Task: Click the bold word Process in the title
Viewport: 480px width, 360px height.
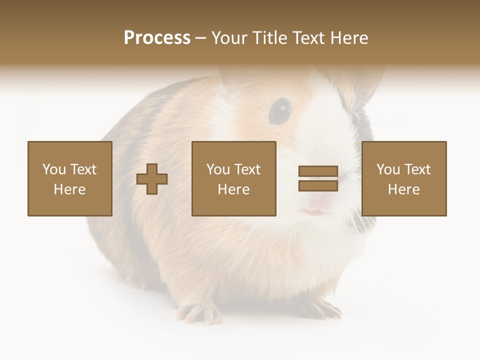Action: (x=157, y=38)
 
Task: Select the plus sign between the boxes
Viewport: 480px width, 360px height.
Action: (x=152, y=179)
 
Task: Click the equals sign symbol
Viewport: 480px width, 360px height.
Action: (x=318, y=178)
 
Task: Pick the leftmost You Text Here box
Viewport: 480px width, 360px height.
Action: (x=70, y=178)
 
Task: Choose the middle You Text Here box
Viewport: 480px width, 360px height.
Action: (x=233, y=178)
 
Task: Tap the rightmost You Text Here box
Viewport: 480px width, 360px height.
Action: (x=403, y=178)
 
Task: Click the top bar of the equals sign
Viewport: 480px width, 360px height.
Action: (x=318, y=171)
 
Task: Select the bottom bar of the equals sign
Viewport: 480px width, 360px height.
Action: (x=318, y=185)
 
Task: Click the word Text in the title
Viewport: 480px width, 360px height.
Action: (x=307, y=38)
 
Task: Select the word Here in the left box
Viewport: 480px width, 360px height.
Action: (x=70, y=189)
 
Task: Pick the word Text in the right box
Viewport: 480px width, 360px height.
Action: (x=418, y=169)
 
